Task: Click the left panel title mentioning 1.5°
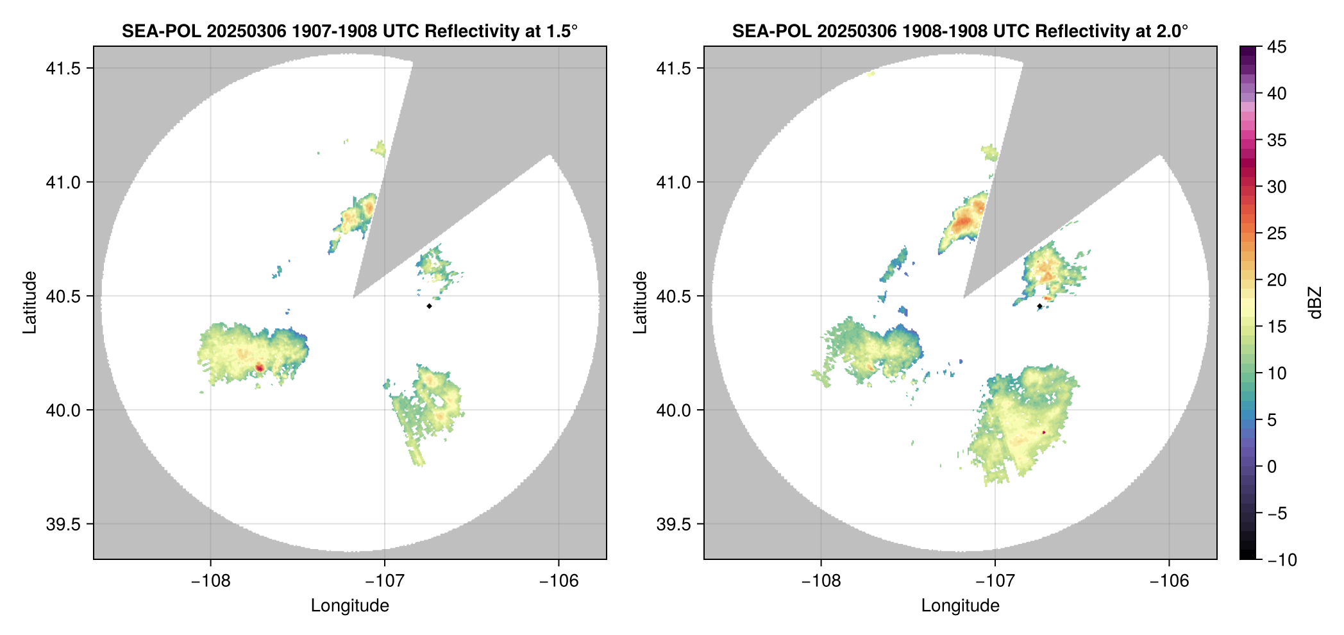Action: click(x=349, y=31)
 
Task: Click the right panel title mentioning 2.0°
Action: click(x=960, y=31)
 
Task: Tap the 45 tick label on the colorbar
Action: click(x=1277, y=47)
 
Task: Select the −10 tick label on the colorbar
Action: click(x=1282, y=560)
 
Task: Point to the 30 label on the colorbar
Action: click(x=1277, y=187)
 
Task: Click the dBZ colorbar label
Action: click(x=1315, y=303)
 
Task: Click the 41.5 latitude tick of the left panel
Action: click(x=62, y=68)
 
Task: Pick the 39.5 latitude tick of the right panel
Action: click(x=673, y=524)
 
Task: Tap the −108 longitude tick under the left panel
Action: click(x=210, y=581)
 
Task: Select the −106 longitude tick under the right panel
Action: click(x=1169, y=581)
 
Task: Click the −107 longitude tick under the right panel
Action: click(x=995, y=581)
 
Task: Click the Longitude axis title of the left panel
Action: click(x=349, y=605)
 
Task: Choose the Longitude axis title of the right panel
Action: click(x=960, y=605)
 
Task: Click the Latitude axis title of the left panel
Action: click(x=29, y=303)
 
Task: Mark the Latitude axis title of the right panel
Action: click(x=640, y=303)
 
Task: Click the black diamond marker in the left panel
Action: click(x=429, y=306)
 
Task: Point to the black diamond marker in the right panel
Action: click(x=1039, y=306)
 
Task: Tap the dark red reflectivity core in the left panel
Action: click(x=260, y=367)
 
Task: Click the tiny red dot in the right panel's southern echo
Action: click(x=1044, y=432)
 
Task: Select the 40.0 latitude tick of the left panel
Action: click(x=62, y=410)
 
